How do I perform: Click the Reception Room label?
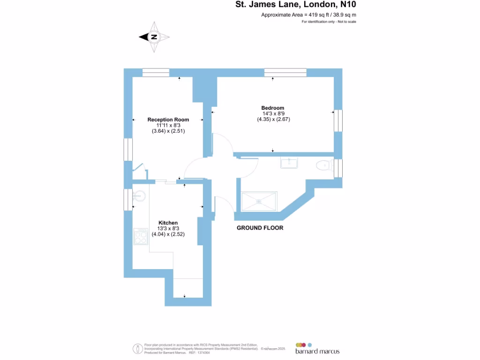tap(168, 120)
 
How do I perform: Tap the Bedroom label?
tap(272, 108)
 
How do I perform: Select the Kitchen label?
tap(168, 223)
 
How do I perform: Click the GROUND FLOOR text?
tap(260, 228)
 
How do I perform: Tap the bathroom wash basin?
tap(289, 163)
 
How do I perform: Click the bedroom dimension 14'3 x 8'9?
tap(272, 113)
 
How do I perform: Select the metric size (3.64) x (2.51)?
tap(168, 131)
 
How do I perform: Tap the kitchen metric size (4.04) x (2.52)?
tap(168, 234)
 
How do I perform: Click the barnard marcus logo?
tap(317, 348)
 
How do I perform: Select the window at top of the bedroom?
tap(285, 73)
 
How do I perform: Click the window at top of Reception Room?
tap(156, 73)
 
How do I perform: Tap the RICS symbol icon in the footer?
tap(138, 348)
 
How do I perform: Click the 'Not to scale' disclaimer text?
tap(329, 22)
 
